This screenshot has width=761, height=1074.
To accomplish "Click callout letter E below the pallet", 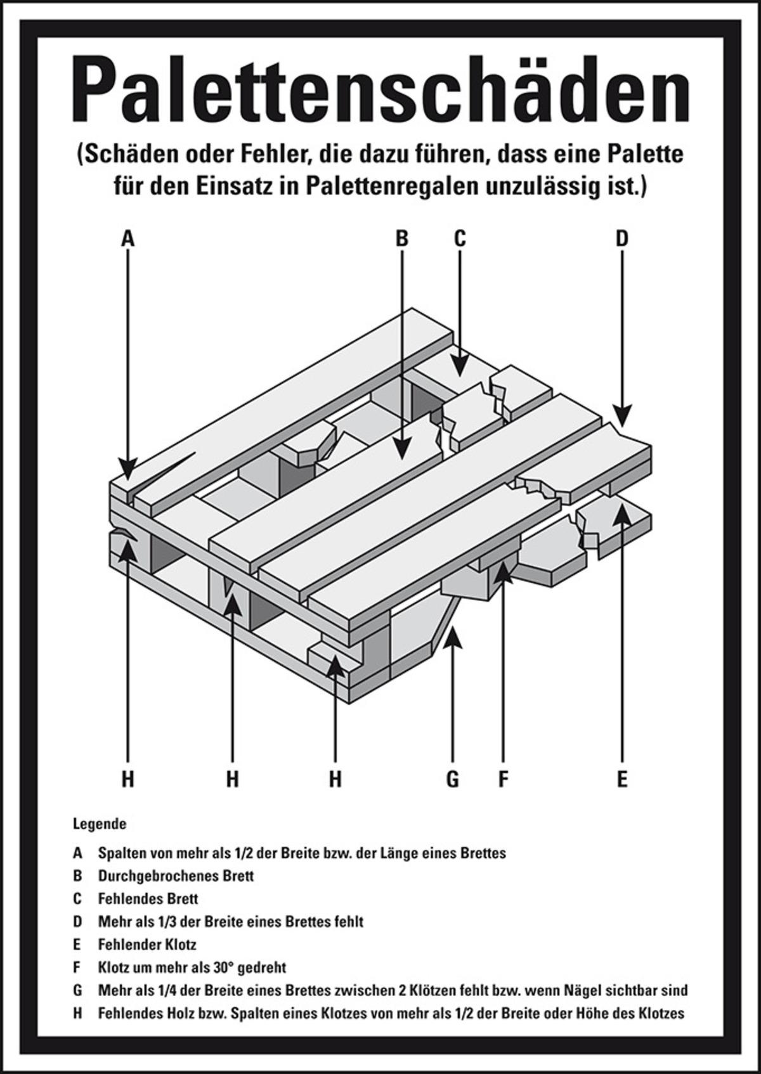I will [x=621, y=778].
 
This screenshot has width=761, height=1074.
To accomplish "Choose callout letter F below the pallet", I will [x=504, y=778].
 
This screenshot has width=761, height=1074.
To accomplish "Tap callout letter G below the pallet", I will [x=452, y=778].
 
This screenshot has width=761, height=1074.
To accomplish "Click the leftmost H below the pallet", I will [x=128, y=778].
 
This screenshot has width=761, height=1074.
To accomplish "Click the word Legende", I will [x=100, y=825].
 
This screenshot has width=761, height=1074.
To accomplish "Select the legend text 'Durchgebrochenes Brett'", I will [x=176, y=876].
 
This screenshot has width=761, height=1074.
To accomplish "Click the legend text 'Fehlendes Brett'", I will [x=148, y=898].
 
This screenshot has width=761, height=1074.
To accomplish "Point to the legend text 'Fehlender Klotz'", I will [x=147, y=945].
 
